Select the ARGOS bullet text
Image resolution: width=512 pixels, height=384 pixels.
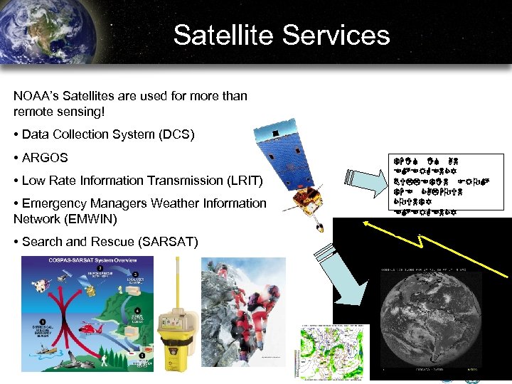45,157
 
